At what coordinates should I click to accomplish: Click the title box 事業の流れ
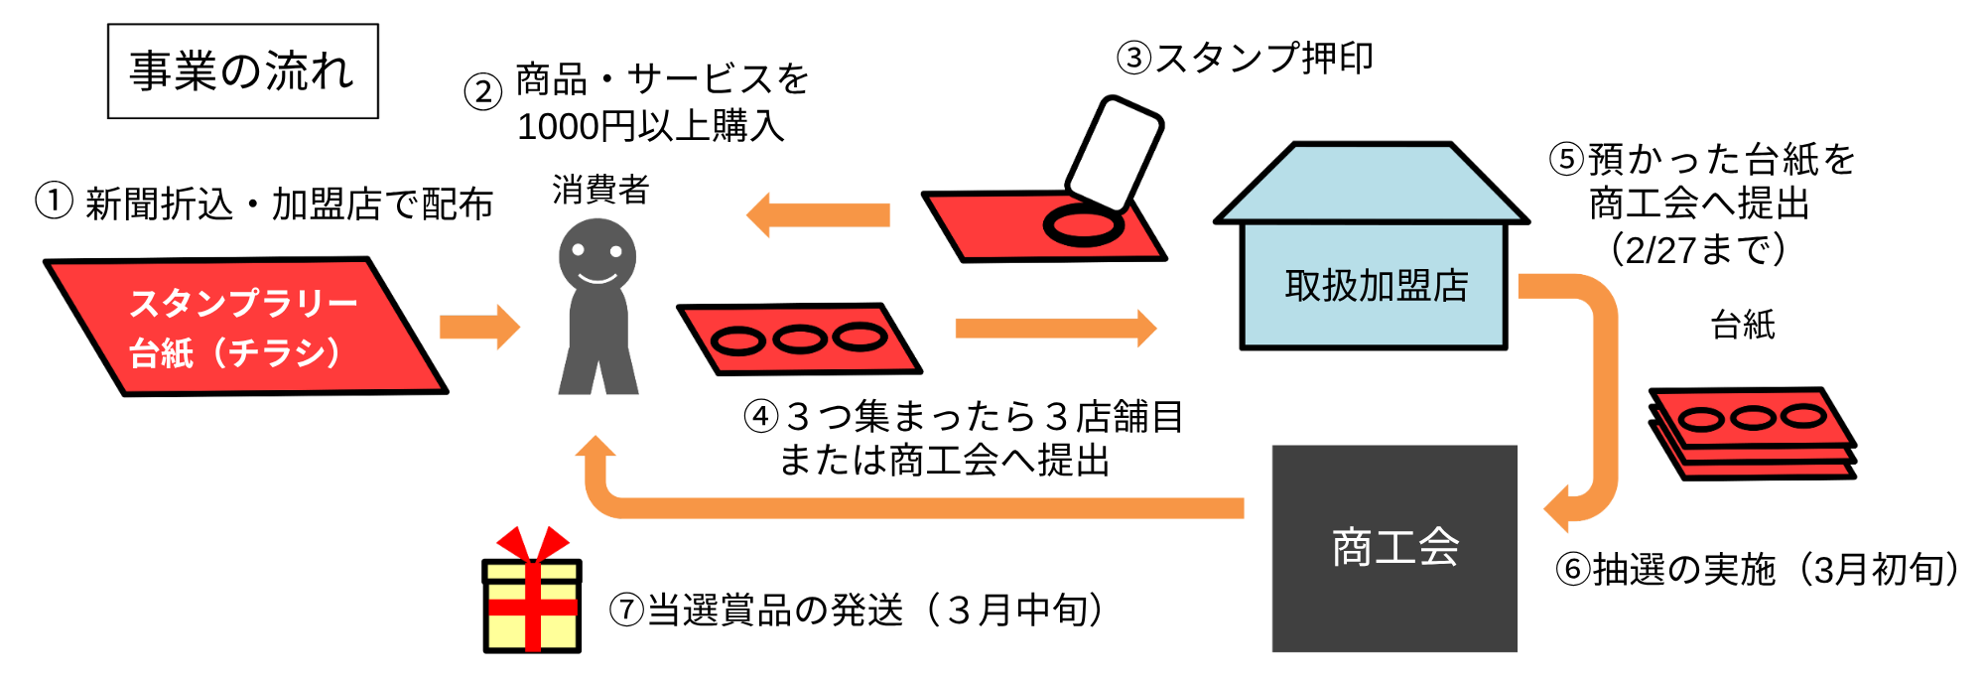point(242,71)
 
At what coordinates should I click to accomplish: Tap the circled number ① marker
point(54,201)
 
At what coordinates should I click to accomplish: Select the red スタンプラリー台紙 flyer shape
point(244,327)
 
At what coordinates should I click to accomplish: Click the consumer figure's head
point(596,255)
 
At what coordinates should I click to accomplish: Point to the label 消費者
point(600,189)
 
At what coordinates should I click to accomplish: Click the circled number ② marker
point(483,92)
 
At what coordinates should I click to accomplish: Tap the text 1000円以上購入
point(650,127)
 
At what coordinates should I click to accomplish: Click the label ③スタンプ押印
point(1245,58)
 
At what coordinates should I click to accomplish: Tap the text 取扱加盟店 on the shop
point(1376,286)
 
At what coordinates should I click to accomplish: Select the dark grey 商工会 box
point(1394,548)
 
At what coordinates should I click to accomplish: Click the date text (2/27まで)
point(1698,249)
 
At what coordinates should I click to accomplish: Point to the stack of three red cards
point(1753,432)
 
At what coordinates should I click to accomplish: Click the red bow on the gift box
point(533,545)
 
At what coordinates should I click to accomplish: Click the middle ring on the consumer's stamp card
point(800,340)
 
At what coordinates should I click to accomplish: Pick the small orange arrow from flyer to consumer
point(479,327)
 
